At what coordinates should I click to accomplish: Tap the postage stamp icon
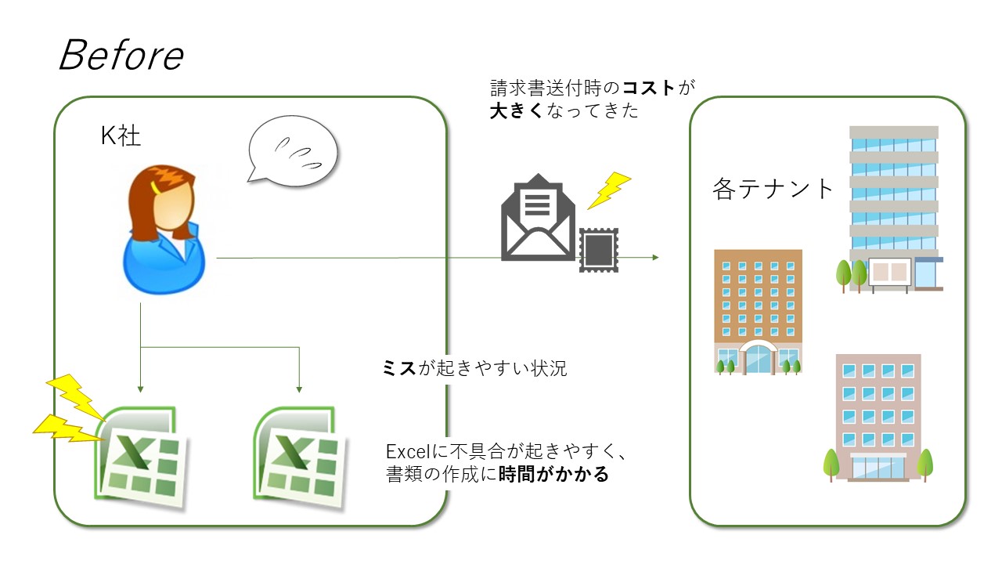pos(599,250)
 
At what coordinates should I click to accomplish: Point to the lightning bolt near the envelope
pos(608,190)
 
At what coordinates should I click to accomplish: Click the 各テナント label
pos(774,189)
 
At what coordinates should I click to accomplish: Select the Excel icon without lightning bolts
pos(298,454)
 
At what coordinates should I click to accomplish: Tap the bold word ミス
pos(398,368)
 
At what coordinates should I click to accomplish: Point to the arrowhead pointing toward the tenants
pos(654,258)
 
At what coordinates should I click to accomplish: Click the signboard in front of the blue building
pos(888,272)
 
